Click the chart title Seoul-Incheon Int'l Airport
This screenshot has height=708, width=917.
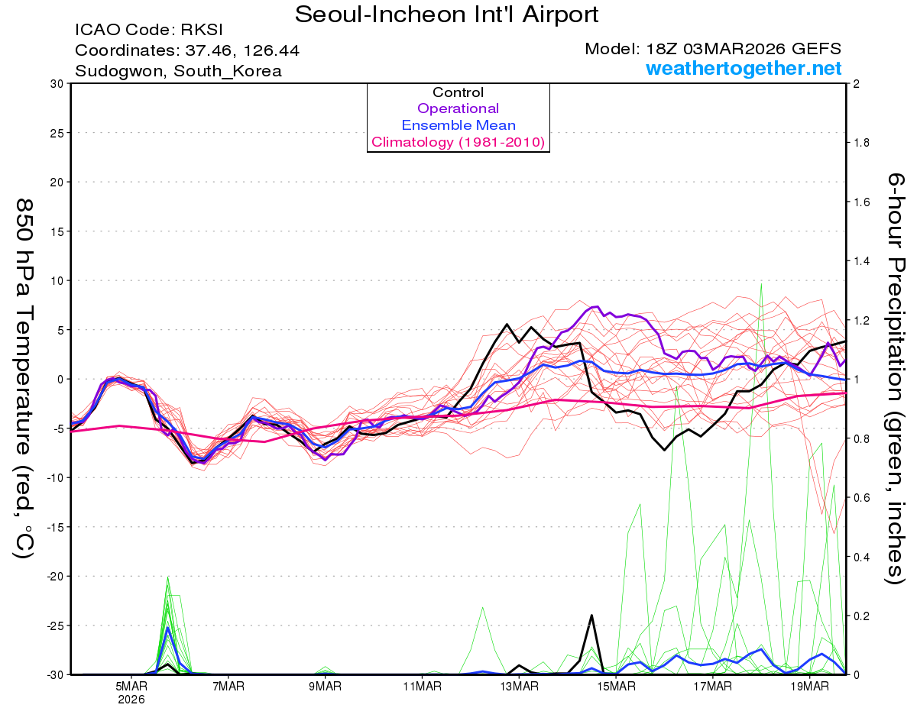[x=446, y=15]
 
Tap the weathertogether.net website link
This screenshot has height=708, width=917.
[x=744, y=68]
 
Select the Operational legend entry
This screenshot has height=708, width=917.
[x=458, y=108]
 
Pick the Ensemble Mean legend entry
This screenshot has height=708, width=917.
[x=458, y=125]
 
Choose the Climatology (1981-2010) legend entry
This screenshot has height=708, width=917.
[x=458, y=142]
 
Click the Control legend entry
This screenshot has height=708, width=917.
[x=458, y=92]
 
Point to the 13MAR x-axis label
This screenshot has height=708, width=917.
[x=518, y=687]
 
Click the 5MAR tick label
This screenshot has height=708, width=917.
[x=131, y=687]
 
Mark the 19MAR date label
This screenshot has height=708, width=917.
[x=808, y=687]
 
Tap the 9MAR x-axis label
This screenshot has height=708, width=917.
[x=325, y=687]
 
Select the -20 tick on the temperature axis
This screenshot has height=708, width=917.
[x=55, y=576]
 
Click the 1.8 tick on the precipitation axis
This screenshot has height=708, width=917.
[x=861, y=143]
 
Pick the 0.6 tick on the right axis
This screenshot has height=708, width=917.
[x=861, y=497]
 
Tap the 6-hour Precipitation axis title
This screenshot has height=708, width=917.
[x=895, y=378]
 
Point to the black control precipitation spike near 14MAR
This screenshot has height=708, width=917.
[x=591, y=616]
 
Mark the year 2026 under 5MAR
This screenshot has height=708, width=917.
[x=131, y=699]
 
